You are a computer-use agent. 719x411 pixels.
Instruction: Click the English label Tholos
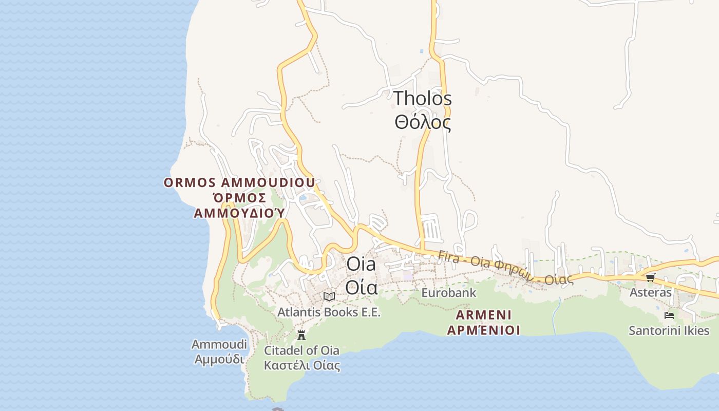[x=423, y=98]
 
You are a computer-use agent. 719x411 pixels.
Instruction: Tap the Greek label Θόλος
[x=423, y=123]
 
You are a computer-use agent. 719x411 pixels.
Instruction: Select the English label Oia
[x=361, y=264]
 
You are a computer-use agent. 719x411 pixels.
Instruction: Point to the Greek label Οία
[x=361, y=287]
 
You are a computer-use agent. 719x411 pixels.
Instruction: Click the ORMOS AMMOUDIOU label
[x=239, y=183]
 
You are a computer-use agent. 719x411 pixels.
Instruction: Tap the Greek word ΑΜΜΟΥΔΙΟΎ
[x=239, y=213]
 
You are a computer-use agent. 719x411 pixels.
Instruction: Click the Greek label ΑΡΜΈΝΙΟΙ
[x=483, y=330]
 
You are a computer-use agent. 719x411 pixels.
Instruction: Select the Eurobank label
[x=449, y=293]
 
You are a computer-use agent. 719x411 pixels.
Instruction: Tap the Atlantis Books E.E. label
[x=329, y=312]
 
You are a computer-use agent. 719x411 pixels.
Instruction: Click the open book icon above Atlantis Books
[x=329, y=296]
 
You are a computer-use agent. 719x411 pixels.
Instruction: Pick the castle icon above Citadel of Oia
[x=301, y=335]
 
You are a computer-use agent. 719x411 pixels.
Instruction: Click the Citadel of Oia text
[x=301, y=351]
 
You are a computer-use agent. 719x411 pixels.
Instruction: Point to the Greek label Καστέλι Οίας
[x=301, y=366]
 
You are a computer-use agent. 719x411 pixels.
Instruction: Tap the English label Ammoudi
[x=219, y=344]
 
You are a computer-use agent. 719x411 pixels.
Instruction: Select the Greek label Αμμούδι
[x=219, y=359]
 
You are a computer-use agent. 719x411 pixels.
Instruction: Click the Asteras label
[x=650, y=292]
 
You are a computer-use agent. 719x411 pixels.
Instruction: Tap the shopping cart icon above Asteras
[x=650, y=278]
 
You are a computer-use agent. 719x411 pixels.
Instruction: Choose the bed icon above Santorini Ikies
[x=669, y=315]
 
